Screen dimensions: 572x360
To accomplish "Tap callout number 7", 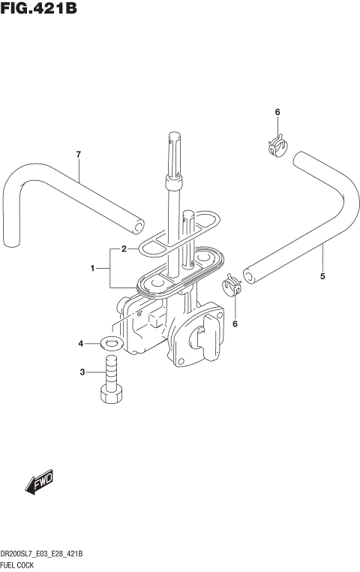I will pyautogui.click(x=77, y=155).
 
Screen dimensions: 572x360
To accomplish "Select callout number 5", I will pyautogui.click(x=322, y=276).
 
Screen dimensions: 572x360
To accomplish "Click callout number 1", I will pyautogui.click(x=93, y=268).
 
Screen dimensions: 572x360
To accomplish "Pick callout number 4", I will pyautogui.click(x=81, y=345).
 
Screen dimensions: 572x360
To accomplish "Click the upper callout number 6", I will pyautogui.click(x=277, y=113).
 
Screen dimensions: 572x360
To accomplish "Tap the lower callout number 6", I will pyautogui.click(x=235, y=324).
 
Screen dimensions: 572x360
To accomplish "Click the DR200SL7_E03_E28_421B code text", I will pyautogui.click(x=42, y=553).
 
